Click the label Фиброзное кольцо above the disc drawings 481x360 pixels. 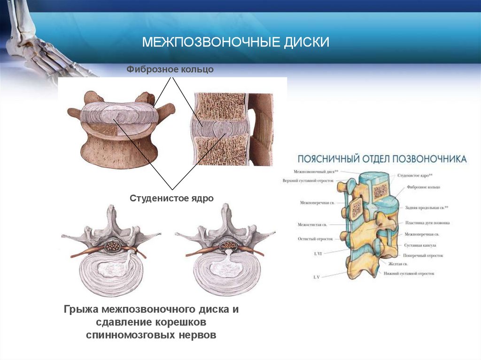pyautogui.click(x=170, y=69)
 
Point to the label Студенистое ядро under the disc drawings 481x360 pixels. pyautogui.click(x=171, y=199)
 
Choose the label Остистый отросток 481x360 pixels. pyautogui.click(x=315, y=239)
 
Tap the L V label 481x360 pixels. pyautogui.click(x=317, y=277)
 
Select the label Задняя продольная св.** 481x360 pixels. pyautogui.click(x=423, y=207)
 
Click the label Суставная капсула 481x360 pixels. pyautogui.click(x=420, y=245)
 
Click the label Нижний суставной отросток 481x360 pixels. pyautogui.click(x=408, y=273)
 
